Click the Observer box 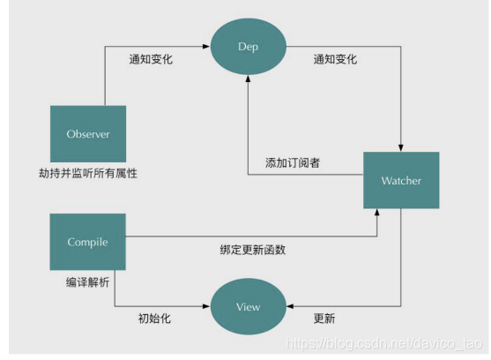tap(87, 134)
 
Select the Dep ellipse tap(249, 44)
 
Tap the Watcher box tap(401, 181)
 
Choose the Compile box tap(87, 241)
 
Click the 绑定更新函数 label tap(253, 250)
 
